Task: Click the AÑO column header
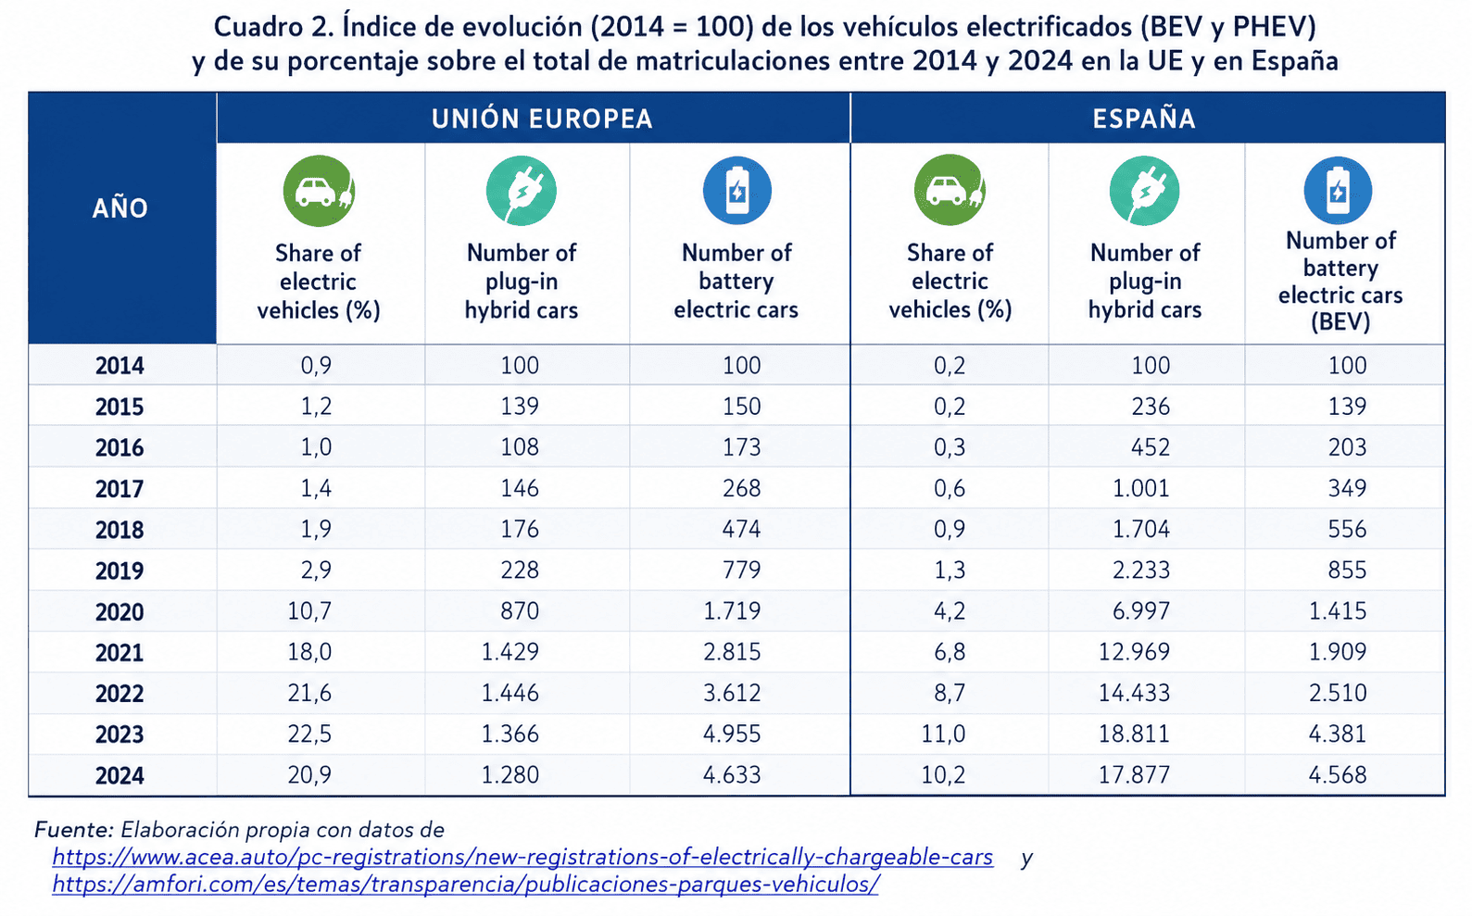tap(120, 207)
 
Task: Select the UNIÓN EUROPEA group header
tap(542, 119)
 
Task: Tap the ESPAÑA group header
tap(1144, 119)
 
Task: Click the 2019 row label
tap(120, 571)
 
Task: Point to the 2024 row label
tap(120, 775)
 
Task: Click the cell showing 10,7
tap(309, 611)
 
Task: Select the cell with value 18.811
tap(1135, 734)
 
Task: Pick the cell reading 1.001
tap(1141, 488)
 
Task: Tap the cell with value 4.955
tap(732, 734)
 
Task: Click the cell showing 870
tap(520, 611)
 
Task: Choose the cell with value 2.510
tap(1338, 693)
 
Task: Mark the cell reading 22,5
tap(309, 734)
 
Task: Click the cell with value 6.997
tap(1141, 611)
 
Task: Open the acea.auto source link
tap(522, 857)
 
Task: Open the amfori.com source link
tap(465, 885)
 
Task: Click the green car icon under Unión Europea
tap(320, 191)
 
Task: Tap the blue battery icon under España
tap(1338, 191)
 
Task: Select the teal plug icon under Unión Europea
tap(522, 191)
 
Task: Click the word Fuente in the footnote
tap(74, 830)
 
